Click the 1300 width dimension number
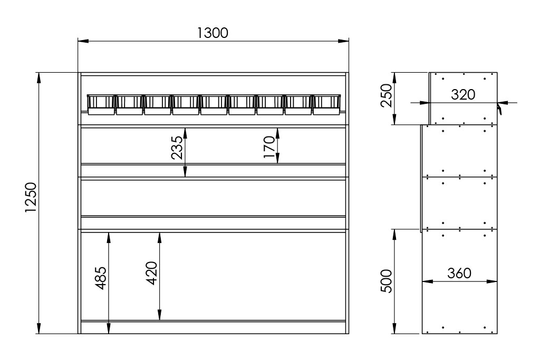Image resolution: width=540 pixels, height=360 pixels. pyautogui.click(x=213, y=33)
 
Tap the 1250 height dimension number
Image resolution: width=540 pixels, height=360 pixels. pyautogui.click(x=31, y=198)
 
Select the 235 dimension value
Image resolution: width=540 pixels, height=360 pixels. pyautogui.click(x=177, y=148)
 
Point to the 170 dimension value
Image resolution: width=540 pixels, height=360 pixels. pyautogui.click(x=269, y=147)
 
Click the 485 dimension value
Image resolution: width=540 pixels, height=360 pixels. pyautogui.click(x=101, y=278)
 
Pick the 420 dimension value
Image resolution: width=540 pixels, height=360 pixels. pyautogui.click(x=151, y=273)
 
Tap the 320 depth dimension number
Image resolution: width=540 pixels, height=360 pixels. pyautogui.click(x=463, y=95)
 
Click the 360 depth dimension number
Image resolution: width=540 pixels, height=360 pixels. pyautogui.click(x=459, y=273)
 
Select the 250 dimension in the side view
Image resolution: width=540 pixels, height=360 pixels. pyautogui.click(x=387, y=96)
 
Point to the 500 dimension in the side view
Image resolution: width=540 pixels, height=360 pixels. pyautogui.click(x=387, y=281)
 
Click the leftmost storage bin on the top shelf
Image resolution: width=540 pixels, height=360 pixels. pyautogui.click(x=101, y=105)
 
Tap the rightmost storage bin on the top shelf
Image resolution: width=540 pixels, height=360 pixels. pyautogui.click(x=326, y=105)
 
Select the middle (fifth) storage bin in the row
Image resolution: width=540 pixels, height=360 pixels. pyautogui.click(x=214, y=105)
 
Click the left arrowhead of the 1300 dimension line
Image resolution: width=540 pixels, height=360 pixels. pyautogui.click(x=83, y=41)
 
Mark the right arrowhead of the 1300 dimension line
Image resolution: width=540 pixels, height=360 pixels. pyautogui.click(x=343, y=41)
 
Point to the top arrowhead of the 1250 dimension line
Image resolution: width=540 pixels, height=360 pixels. pyautogui.click(x=39, y=77)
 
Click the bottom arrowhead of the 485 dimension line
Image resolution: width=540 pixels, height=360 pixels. pyautogui.click(x=109, y=328)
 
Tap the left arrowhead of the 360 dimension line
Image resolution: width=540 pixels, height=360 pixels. pyautogui.click(x=428, y=281)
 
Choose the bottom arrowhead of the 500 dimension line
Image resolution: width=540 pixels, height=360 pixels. pyautogui.click(x=394, y=328)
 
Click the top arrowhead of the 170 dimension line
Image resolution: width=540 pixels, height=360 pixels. pyautogui.click(x=277, y=133)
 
